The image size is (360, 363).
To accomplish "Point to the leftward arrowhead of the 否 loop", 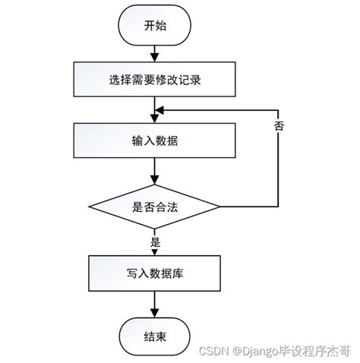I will click(159, 109).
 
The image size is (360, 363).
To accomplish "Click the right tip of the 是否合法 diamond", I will click(219, 207).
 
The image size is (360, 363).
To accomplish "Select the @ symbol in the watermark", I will click(238, 352).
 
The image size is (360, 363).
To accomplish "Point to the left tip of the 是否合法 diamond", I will click(89, 207).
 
